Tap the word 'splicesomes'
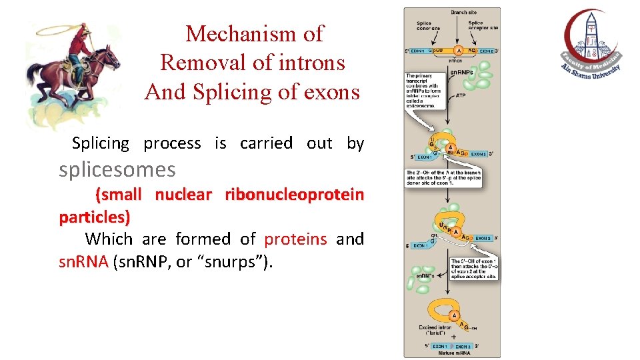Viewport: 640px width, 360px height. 117,170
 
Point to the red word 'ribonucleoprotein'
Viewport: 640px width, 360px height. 294,195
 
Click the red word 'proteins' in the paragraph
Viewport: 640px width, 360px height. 295,239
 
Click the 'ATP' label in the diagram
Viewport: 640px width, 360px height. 460,95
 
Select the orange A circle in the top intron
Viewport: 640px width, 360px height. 458,51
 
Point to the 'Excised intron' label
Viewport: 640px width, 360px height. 435,329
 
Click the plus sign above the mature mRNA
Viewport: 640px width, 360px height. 455,337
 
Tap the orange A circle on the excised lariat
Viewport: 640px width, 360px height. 455,315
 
